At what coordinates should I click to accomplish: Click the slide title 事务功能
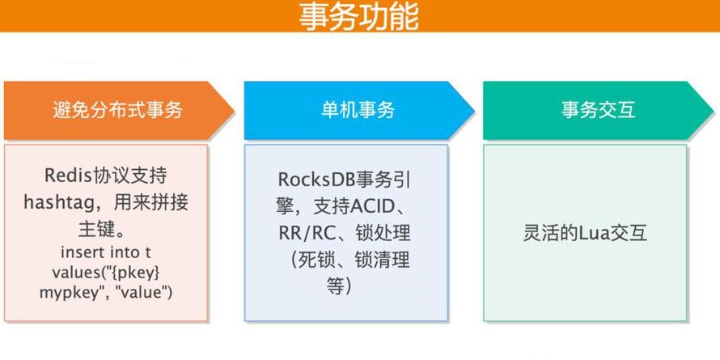pos(358,16)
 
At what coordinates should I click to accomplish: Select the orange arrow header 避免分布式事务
pos(120,111)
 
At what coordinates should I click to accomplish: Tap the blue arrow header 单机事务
pos(359,111)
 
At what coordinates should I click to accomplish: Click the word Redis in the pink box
pos(69,175)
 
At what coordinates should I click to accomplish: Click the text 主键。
pos(102,229)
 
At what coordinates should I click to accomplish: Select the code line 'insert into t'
pos(106,252)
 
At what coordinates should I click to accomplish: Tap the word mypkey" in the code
pos(70,293)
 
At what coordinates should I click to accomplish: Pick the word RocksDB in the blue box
pos(317,180)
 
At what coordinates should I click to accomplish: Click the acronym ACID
pos(372,206)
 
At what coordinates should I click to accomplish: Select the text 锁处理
pos(383,233)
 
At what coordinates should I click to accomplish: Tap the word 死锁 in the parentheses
pos(317,260)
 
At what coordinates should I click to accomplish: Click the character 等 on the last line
pos(335,286)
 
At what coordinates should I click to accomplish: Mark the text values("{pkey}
pos(106,273)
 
